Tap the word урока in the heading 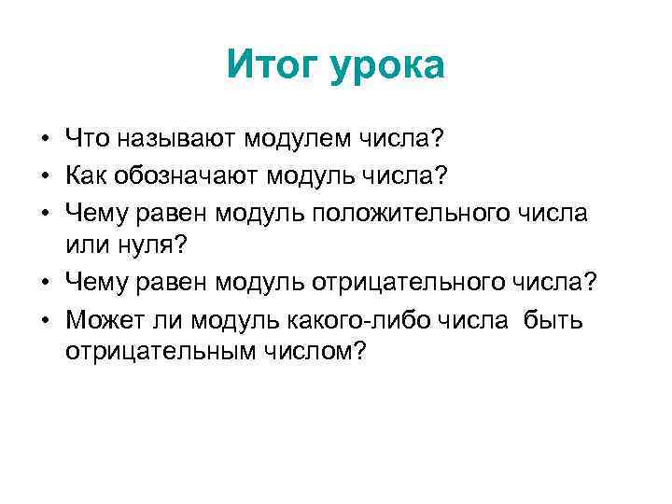tap(386, 66)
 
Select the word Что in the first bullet tap(88, 141)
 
